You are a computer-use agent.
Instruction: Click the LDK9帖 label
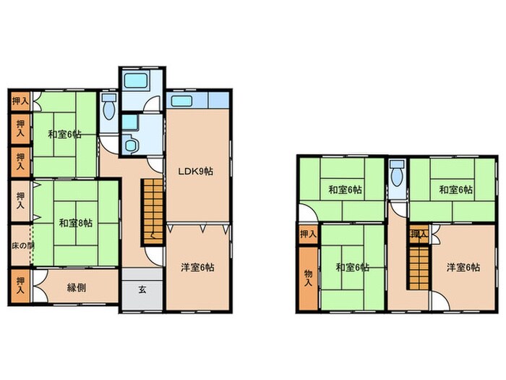195,172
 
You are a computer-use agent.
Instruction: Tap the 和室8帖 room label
75,223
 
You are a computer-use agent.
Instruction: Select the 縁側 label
77,287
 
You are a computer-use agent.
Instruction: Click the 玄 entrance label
142,290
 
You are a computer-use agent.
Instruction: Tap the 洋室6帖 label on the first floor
197,268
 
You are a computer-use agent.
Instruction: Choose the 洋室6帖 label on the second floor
463,268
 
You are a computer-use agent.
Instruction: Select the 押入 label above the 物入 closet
308,234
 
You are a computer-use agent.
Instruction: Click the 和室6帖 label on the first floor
64,134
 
